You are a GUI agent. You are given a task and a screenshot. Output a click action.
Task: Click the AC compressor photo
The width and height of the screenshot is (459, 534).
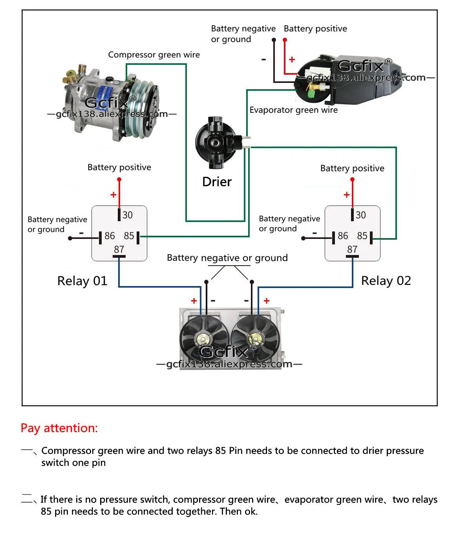pos(112,103)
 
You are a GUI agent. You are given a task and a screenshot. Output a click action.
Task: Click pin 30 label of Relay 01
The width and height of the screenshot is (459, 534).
pos(127,215)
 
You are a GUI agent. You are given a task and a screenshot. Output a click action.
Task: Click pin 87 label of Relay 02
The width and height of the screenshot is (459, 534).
pos(352,250)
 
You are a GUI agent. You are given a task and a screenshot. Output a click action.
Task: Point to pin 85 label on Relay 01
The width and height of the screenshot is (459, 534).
pos(129,236)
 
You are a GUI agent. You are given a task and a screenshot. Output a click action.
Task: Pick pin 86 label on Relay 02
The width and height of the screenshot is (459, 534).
pos(343,236)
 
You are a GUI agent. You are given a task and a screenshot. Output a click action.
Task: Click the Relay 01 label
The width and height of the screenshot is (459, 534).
pos(82,281)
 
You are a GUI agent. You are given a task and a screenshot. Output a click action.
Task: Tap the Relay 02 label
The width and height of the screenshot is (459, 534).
pos(386,281)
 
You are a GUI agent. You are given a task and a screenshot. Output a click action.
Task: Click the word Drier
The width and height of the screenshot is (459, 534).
pos(217,182)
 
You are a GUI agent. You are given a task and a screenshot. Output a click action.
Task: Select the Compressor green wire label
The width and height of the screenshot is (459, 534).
pos(154,55)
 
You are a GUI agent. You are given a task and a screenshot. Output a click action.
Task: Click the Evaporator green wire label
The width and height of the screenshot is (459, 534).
pos(293,110)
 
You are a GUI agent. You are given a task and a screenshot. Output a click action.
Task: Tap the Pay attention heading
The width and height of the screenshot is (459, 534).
pos(59,428)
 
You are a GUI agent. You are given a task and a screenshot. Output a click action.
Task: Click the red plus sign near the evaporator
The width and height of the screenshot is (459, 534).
pos(292,60)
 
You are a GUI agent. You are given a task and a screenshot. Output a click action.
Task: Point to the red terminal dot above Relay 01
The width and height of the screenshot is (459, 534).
pos(119,180)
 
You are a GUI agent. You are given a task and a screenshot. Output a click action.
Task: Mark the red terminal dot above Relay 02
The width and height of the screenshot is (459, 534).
pos(352,180)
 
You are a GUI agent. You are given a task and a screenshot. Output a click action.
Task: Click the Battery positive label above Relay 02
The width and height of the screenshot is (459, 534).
pos(352,168)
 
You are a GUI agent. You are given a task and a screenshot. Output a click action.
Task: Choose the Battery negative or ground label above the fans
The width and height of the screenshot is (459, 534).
pos(227,258)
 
